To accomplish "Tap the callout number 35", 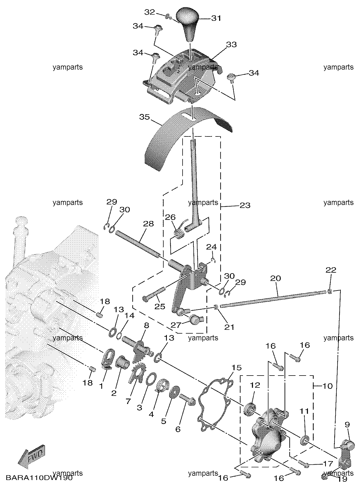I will coord(144,117).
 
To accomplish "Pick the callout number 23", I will coord(245,206).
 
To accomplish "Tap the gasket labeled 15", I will coord(214,403).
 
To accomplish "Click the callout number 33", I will coord(231,44).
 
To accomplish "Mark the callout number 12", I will coord(255,385).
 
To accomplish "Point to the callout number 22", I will coord(331,270).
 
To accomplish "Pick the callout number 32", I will coord(149,12).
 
